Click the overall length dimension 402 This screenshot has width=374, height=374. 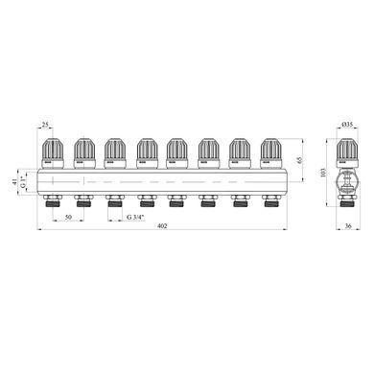(x=162, y=225)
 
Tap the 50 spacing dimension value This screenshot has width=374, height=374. (x=68, y=217)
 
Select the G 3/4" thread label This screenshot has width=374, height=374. (x=135, y=217)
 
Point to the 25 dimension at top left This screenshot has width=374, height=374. (x=45, y=125)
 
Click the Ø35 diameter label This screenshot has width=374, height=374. (x=347, y=125)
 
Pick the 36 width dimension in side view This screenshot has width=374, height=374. (x=348, y=225)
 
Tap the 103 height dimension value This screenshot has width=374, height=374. (x=322, y=173)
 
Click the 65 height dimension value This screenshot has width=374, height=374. (x=299, y=160)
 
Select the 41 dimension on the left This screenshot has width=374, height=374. (x=14, y=182)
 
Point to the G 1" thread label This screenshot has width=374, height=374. (x=22, y=181)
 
